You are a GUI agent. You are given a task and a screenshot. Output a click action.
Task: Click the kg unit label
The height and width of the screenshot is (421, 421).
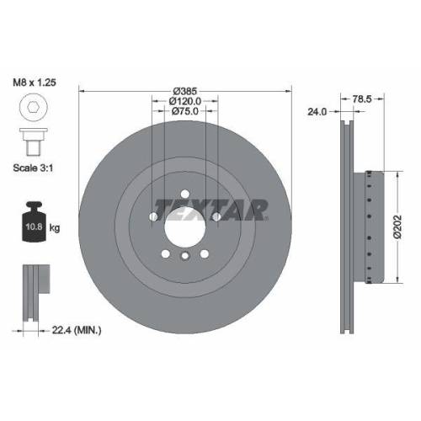click(55, 228)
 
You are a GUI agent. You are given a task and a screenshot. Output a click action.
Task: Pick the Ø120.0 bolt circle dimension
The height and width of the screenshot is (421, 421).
click(184, 99)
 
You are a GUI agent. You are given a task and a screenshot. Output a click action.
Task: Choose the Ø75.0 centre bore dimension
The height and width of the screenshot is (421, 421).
click(184, 110)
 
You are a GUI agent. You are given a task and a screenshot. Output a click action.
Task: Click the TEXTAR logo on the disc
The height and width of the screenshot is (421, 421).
click(210, 207)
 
